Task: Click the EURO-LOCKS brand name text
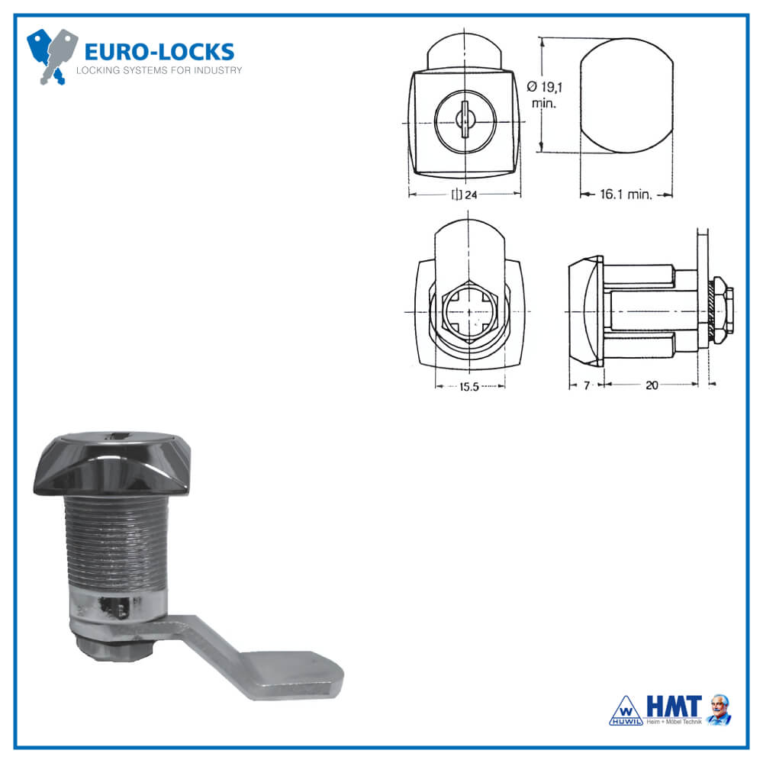coord(159,52)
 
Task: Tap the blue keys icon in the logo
coord(52,56)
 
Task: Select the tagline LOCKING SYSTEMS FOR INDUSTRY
coord(159,71)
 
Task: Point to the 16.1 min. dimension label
coord(625,195)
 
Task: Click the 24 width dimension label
coord(465,195)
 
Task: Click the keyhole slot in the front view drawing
coord(464,121)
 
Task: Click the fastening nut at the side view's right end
coord(725,313)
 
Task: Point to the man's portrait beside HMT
coord(718,709)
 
